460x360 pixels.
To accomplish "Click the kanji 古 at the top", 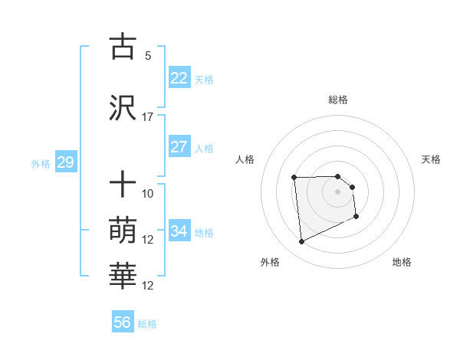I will click(x=123, y=47).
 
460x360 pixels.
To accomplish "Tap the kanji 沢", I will click(x=123, y=108).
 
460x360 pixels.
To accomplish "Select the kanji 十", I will click(x=123, y=185).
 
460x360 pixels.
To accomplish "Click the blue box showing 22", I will click(x=179, y=78).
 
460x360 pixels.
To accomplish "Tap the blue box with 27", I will click(x=179, y=147).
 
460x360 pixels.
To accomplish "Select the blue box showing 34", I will click(x=179, y=231).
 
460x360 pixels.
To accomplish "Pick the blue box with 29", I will click(x=65, y=162).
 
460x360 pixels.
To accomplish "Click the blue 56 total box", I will click(x=123, y=322).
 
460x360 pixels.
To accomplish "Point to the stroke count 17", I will click(x=148, y=116).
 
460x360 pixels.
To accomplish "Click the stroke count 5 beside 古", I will click(x=148, y=55).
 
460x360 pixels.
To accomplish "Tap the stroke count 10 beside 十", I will click(x=148, y=193).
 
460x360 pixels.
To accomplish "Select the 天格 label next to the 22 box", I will click(x=204, y=79).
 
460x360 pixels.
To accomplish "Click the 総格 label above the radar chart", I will click(x=337, y=100).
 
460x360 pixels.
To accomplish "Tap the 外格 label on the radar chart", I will click(x=270, y=263).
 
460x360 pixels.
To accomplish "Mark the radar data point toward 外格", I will click(x=301, y=242).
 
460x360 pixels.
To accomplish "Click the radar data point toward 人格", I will click(x=294, y=178).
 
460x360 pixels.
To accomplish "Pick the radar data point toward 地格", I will click(x=356, y=218).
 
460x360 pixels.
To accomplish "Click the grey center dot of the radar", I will click(x=337, y=191).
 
